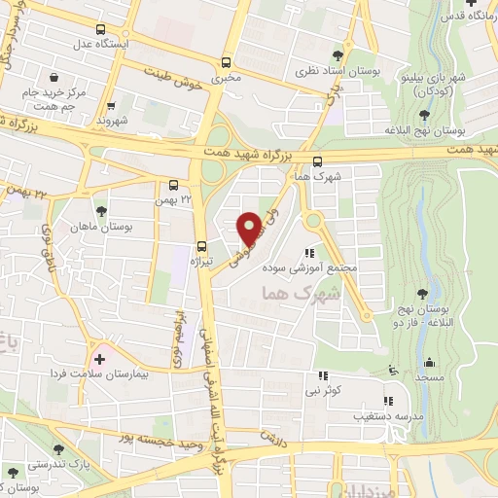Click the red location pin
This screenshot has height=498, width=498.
tap(249, 229)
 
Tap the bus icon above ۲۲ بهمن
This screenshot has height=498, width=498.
tap(173, 185)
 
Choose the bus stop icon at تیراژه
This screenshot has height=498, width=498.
tap(202, 246)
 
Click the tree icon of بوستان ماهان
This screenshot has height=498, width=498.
tap(100, 210)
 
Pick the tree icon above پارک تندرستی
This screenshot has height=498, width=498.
tap(60, 448)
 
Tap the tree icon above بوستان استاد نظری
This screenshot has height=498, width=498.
tap(338, 56)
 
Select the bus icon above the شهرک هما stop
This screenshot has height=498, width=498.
tap(318, 161)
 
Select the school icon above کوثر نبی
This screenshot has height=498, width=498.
tap(324, 375)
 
